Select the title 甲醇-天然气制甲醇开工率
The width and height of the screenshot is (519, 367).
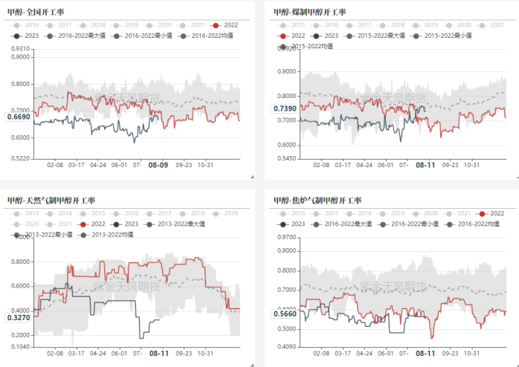(x=51, y=200)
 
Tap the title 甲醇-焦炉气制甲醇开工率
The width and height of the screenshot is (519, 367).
(x=317, y=200)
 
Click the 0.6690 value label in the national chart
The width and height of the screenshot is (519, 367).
(x=19, y=117)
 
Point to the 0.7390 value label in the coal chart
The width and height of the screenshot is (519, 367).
(x=285, y=109)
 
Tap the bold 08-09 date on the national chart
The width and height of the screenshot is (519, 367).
(x=158, y=165)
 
